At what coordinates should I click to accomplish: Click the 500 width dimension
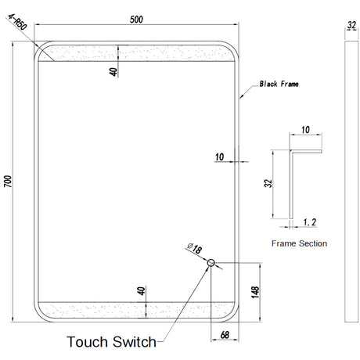136,20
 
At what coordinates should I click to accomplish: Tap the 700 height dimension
8,181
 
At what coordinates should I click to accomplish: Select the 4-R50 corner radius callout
17,22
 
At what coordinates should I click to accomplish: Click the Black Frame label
279,84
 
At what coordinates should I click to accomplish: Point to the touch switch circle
211,263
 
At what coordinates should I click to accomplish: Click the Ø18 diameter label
195,248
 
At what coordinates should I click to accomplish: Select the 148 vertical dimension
255,292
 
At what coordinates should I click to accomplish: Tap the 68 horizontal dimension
225,335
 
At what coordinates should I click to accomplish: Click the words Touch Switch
111,342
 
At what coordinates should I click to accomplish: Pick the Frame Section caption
299,243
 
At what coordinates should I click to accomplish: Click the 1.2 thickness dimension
310,222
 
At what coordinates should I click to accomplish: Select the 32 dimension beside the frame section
268,183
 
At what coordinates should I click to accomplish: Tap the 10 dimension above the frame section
305,130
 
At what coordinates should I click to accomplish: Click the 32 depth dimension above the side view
351,25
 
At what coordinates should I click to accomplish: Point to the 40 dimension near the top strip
113,72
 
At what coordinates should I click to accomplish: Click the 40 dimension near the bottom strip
141,291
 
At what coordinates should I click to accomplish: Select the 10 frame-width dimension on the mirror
219,157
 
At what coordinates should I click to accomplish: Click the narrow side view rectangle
351,182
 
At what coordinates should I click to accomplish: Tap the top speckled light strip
136,53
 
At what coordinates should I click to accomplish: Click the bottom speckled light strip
136,310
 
